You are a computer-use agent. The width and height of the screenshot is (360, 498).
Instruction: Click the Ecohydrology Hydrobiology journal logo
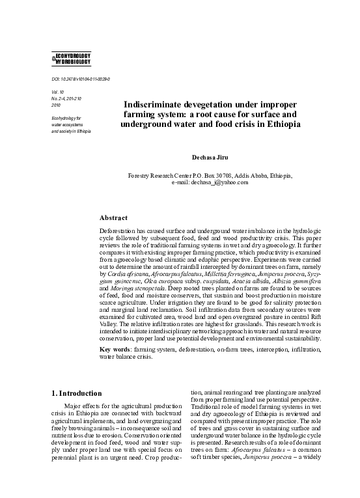[67, 58]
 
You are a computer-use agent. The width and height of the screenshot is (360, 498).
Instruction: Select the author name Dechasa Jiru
[210, 158]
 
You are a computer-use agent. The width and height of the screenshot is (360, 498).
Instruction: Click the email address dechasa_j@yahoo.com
[210, 183]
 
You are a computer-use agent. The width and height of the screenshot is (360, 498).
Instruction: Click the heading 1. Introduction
[76, 393]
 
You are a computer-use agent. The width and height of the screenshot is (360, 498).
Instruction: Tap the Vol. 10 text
[57, 92]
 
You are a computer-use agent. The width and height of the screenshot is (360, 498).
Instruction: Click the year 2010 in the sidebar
[55, 105]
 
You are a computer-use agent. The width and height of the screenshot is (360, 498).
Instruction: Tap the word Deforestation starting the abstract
[118, 230]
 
